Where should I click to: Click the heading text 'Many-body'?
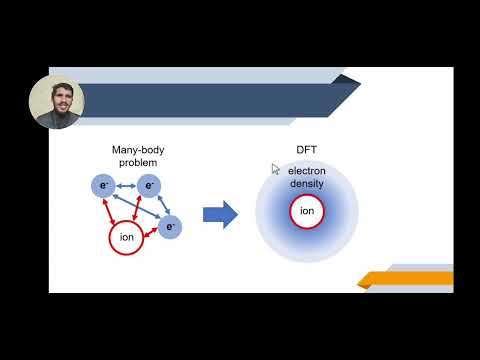(x=137, y=150)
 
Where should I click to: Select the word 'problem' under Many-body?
(x=137, y=161)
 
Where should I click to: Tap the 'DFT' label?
(x=306, y=150)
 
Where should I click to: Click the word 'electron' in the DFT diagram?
(x=307, y=172)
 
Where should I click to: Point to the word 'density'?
(x=307, y=184)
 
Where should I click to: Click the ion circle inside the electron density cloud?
(x=307, y=211)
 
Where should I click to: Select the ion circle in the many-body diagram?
(x=126, y=237)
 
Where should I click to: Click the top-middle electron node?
(x=149, y=185)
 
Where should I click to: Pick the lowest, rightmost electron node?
(x=171, y=227)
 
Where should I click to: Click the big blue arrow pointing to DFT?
(x=220, y=214)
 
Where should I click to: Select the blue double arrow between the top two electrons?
(x=126, y=185)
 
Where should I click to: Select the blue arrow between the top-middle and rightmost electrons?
(x=162, y=205)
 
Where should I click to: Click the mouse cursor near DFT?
(x=276, y=169)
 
